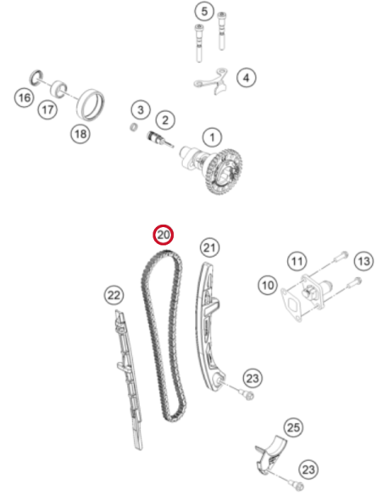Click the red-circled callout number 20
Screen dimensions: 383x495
coord(164,235)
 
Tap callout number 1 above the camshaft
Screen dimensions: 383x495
coord(212,137)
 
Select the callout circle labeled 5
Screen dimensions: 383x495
coord(204,12)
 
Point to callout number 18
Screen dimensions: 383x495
coord(80,134)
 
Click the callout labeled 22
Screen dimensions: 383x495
coord(114,296)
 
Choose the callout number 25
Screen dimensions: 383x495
coord(293,427)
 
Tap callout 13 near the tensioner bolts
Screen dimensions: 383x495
coord(364,261)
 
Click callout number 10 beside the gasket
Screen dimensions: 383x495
coord(268,286)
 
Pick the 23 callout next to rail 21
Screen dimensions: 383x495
coord(253,378)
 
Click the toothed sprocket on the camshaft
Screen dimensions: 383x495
coord(225,171)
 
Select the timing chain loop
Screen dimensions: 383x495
coord(163,336)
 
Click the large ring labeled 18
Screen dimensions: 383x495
coord(90,105)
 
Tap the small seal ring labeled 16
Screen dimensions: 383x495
coord(36,78)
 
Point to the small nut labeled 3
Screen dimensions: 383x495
coord(134,127)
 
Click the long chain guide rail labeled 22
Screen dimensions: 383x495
coord(129,379)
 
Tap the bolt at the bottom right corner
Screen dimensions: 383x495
coord(297,486)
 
